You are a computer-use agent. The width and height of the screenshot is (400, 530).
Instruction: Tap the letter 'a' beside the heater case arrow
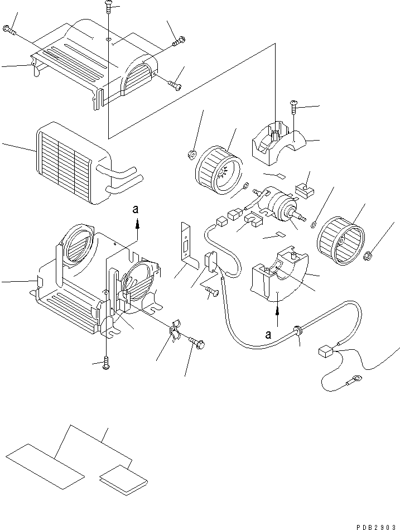coord(135,210)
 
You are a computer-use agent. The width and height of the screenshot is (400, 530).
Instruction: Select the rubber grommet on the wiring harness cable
coord(299,332)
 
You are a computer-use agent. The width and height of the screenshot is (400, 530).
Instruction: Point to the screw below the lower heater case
coord(106,364)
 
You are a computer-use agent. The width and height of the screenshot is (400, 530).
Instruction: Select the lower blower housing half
coord(278,277)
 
